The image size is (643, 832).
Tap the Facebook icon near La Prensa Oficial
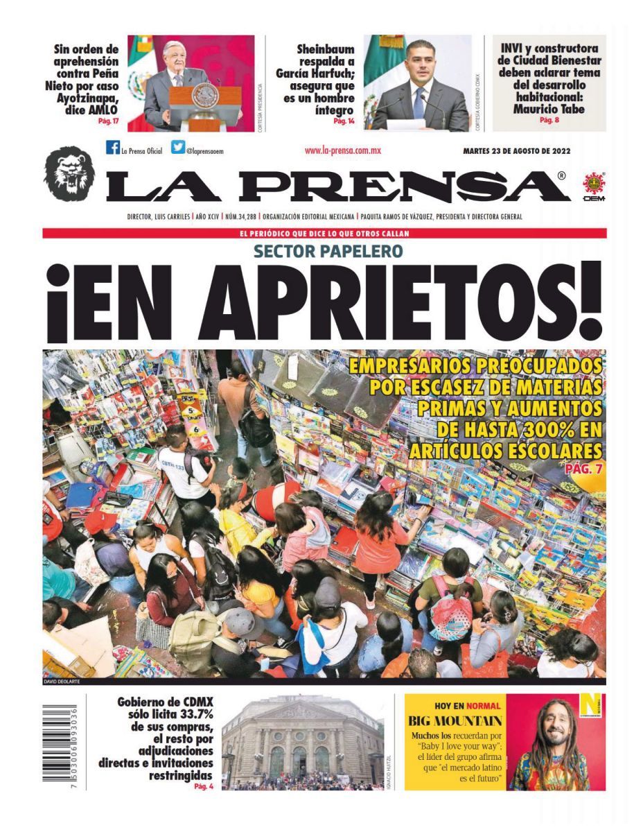pyautogui.click(x=112, y=147)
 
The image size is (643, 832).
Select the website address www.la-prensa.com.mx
pyautogui.click(x=343, y=150)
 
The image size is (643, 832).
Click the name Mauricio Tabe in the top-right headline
pyautogui.click(x=548, y=109)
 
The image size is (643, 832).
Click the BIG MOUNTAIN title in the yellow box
pyautogui.click(x=455, y=720)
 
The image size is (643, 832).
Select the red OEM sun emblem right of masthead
pyautogui.click(x=594, y=185)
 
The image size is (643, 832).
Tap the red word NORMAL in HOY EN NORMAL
pyautogui.click(x=484, y=704)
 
